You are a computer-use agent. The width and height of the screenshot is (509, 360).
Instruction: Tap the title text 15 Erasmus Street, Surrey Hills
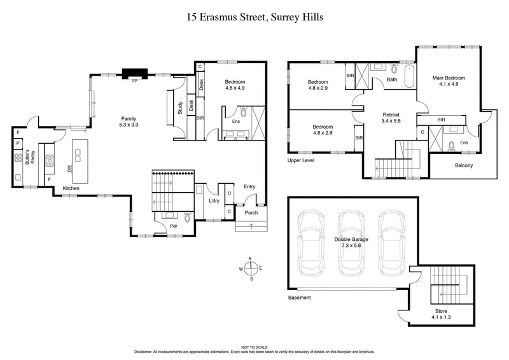[254, 17]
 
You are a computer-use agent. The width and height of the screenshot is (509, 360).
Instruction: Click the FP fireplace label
[134, 81]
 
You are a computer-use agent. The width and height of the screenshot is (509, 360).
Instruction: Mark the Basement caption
[300, 298]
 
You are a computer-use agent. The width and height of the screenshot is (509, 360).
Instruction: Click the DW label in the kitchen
[69, 168]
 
